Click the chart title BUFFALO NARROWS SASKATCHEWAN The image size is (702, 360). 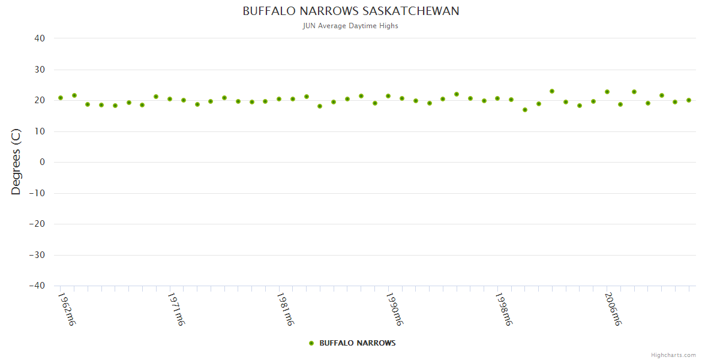coord(351,11)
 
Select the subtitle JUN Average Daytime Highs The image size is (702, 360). coord(351,26)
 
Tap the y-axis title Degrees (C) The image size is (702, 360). coord(16,162)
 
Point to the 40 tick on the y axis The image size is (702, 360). coord(40,38)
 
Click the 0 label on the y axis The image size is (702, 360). coord(43,162)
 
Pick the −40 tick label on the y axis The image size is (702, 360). coord(37,286)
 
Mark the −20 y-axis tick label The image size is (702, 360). coord(37,224)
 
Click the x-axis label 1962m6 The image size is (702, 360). coord(67,309)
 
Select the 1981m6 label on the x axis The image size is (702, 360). coord(285,309)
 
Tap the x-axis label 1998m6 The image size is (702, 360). coord(503,309)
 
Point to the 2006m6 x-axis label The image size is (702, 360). coord(613,309)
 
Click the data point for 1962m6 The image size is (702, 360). coord(61,98)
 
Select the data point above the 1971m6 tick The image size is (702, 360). coord(170,99)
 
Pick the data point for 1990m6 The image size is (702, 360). coord(388,96)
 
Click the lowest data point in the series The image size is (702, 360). coord(525,110)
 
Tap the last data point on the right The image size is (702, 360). coord(689,100)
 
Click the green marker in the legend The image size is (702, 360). coord(311,343)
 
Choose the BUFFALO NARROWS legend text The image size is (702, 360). coord(357,343)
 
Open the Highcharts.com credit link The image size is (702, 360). coord(673,355)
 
